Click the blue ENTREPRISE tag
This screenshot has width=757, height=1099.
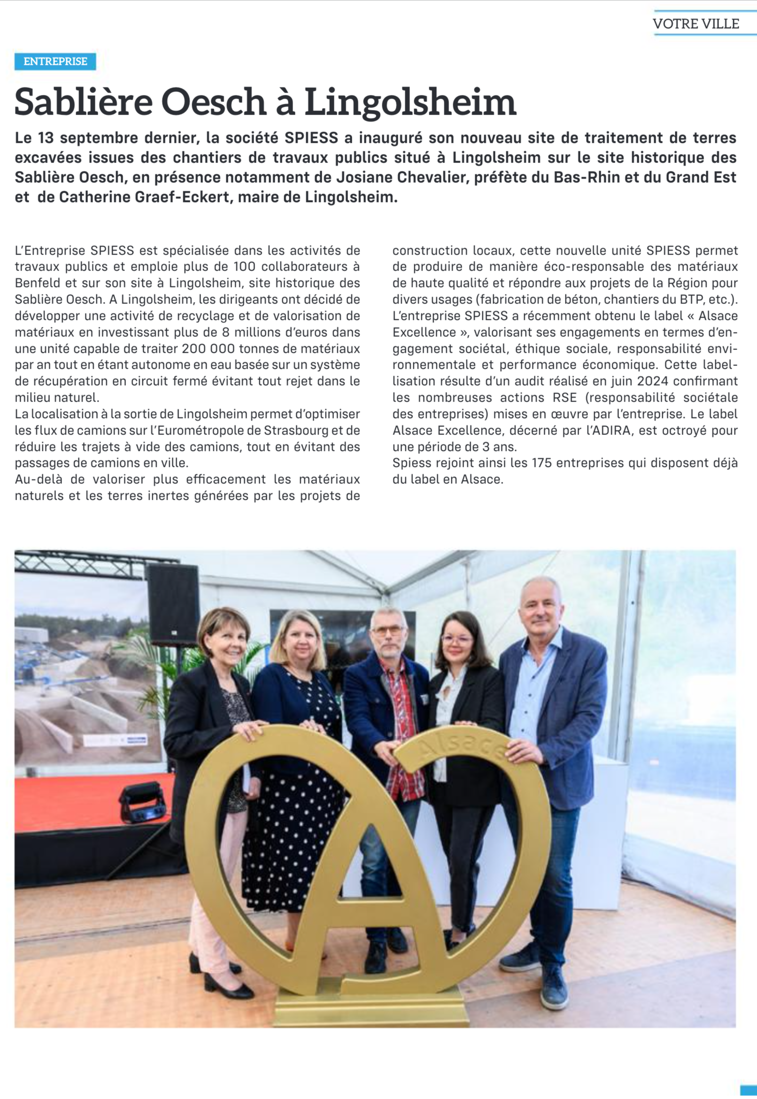coord(55,62)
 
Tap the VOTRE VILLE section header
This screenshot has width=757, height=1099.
coord(695,23)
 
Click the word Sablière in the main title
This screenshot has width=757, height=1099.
coord(84,102)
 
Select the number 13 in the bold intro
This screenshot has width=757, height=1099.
coord(46,138)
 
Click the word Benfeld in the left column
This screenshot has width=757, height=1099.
coord(35,283)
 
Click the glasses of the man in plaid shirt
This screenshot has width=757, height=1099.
coord(388,631)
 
